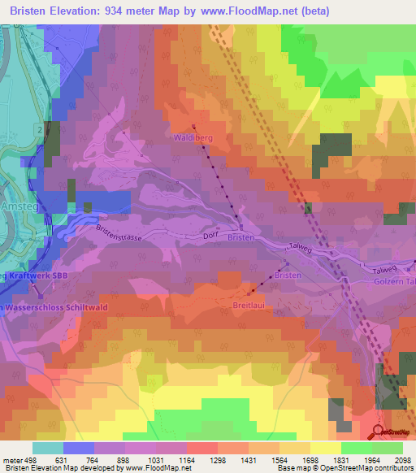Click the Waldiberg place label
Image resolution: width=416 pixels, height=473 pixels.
click(x=193, y=138)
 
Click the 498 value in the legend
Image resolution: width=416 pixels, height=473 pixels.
click(x=31, y=459)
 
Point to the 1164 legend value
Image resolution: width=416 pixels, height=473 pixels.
click(x=187, y=459)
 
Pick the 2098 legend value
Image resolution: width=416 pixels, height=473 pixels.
click(x=403, y=459)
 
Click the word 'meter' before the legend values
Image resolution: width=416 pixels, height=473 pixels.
click(x=11, y=459)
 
